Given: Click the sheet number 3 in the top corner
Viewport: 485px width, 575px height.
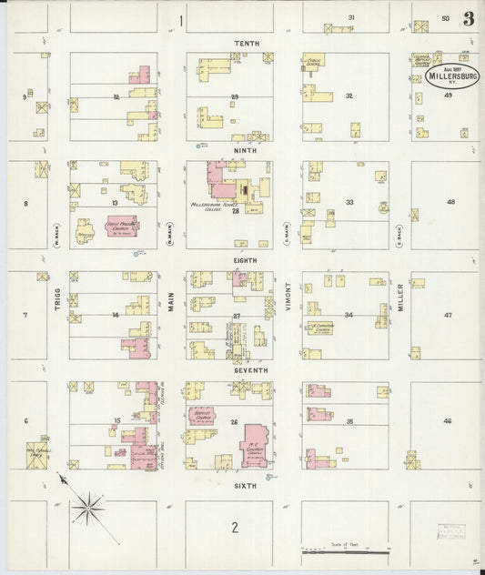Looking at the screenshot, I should coord(468,18).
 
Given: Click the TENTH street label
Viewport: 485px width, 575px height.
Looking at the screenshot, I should coord(246,44).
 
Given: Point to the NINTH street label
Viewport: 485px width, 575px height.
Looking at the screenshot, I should coord(245,150).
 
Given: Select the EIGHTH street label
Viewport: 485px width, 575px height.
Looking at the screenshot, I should coord(245,260).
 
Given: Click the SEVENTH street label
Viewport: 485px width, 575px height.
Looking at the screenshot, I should coord(246,370).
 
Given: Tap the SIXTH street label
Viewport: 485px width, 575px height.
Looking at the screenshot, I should coord(245,486).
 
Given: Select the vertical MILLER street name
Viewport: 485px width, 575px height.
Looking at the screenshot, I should coord(399,297).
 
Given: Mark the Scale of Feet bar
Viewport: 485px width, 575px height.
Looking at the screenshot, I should coord(346,550).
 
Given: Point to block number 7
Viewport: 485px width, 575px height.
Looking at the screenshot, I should coord(25,316).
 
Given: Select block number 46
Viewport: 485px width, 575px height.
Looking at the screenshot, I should coord(447,421).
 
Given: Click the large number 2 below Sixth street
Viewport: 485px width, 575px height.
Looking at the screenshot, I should coord(234,528).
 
